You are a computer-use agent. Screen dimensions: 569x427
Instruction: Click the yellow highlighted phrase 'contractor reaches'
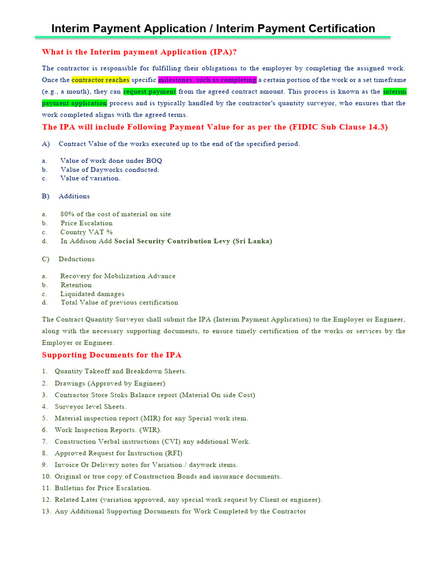(x=101, y=80)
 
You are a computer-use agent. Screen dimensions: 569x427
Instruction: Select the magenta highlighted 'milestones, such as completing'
(x=207, y=80)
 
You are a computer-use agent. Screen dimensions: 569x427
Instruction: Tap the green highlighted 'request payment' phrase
(x=150, y=92)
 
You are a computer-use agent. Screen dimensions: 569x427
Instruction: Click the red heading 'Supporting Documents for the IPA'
(x=112, y=355)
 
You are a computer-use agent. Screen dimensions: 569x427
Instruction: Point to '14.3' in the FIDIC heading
(x=378, y=127)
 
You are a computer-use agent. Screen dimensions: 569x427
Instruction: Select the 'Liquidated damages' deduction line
(x=92, y=294)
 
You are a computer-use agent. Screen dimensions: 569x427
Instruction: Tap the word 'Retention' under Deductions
(x=76, y=285)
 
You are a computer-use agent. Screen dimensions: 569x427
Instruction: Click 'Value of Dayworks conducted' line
(x=110, y=169)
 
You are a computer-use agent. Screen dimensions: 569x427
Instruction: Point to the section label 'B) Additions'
(x=66, y=196)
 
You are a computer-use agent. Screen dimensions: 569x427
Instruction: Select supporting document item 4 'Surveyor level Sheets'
(x=91, y=407)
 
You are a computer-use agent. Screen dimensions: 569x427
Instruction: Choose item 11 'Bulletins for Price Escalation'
(x=103, y=488)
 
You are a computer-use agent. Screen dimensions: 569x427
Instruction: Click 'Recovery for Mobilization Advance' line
(x=118, y=276)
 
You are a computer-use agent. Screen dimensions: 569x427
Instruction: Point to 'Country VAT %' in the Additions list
(x=87, y=232)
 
